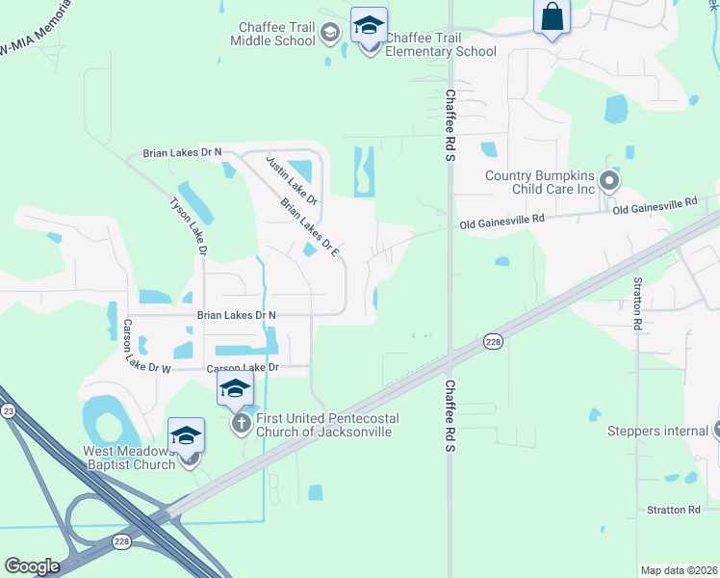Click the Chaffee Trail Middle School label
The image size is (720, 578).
[272, 34]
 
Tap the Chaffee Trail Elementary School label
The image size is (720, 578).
[440, 44]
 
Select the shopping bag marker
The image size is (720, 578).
[553, 18]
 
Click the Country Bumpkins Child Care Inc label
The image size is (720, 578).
[540, 182]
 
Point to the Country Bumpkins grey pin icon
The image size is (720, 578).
[608, 180]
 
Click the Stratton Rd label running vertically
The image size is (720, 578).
[637, 303]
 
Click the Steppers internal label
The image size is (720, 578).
[657, 431]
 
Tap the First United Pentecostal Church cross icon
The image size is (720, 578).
[241, 424]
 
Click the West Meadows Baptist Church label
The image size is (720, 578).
[129, 458]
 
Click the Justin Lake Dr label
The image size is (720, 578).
[292, 179]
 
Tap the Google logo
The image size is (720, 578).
[33, 565]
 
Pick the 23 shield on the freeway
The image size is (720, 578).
[10, 410]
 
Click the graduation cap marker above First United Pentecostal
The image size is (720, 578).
[235, 389]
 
